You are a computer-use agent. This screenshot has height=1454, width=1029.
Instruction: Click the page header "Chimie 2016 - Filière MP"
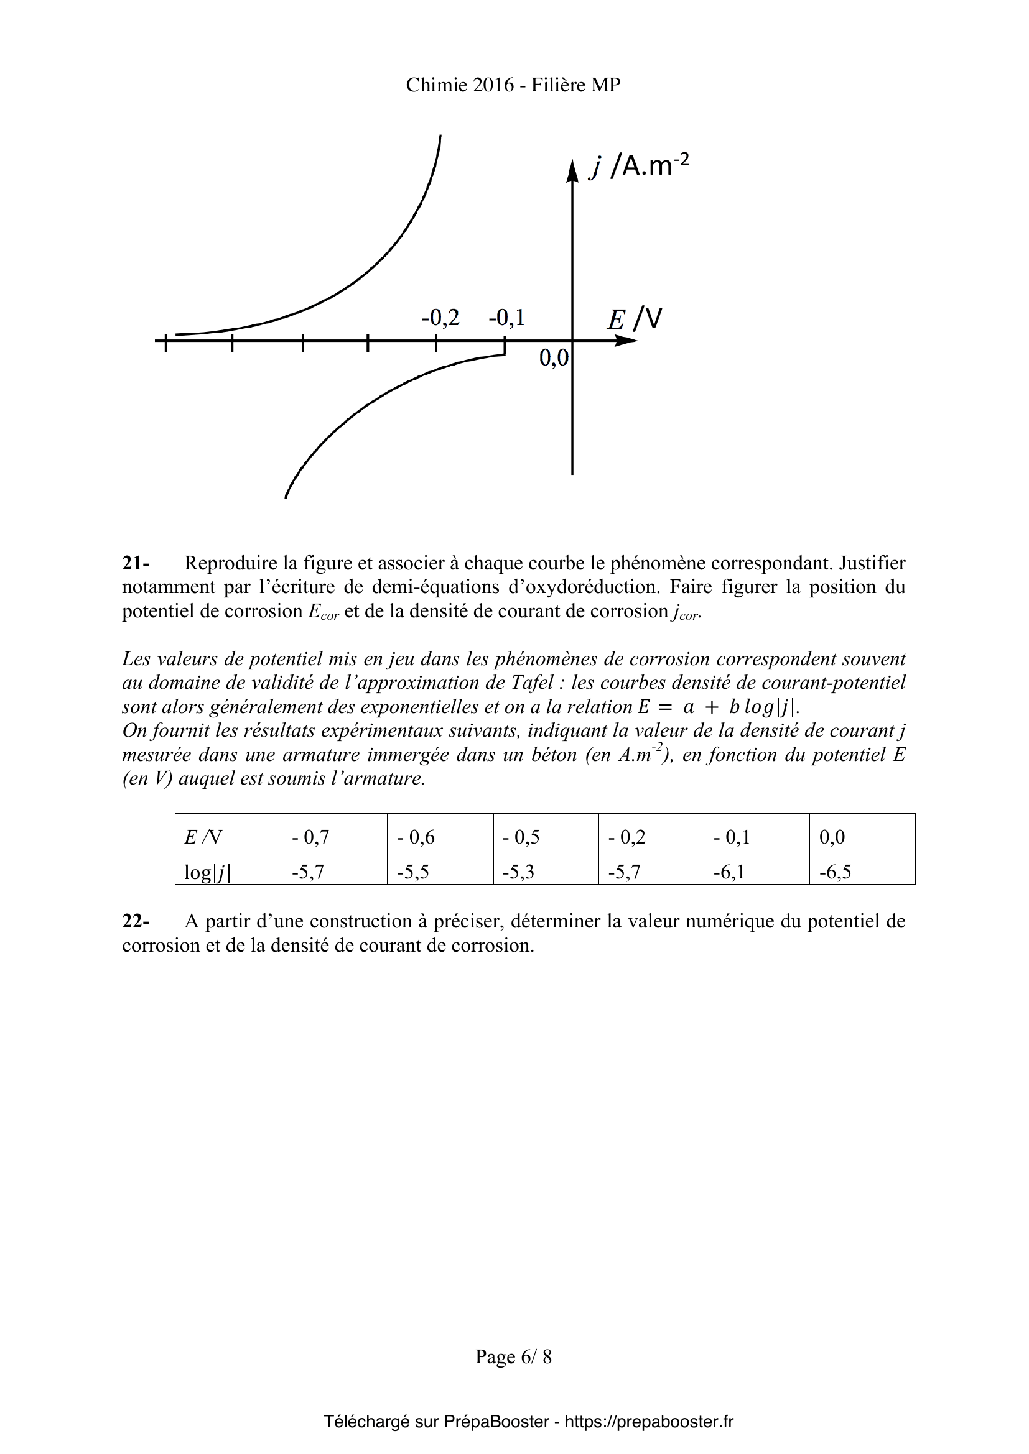(x=513, y=85)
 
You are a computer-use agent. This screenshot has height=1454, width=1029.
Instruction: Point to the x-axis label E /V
(x=634, y=318)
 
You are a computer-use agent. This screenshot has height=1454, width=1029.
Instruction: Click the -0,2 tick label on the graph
(x=440, y=317)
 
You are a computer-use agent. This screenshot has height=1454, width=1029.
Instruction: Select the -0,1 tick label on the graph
(x=506, y=317)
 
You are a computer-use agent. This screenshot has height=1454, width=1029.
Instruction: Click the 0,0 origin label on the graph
(x=554, y=359)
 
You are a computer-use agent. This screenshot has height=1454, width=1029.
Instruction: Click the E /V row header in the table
(x=203, y=837)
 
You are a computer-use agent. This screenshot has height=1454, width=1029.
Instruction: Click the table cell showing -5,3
(x=518, y=872)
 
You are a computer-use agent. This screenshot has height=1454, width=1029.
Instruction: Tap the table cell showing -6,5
(x=835, y=872)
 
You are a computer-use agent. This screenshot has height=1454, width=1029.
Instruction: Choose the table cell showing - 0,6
(x=416, y=837)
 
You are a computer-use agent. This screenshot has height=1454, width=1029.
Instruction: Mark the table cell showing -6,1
(x=729, y=872)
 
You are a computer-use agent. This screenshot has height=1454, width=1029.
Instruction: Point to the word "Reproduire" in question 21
(x=231, y=563)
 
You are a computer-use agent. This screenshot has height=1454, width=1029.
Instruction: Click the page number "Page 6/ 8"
(x=513, y=1356)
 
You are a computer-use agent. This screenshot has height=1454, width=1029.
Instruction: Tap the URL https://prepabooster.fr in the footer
(x=649, y=1422)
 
